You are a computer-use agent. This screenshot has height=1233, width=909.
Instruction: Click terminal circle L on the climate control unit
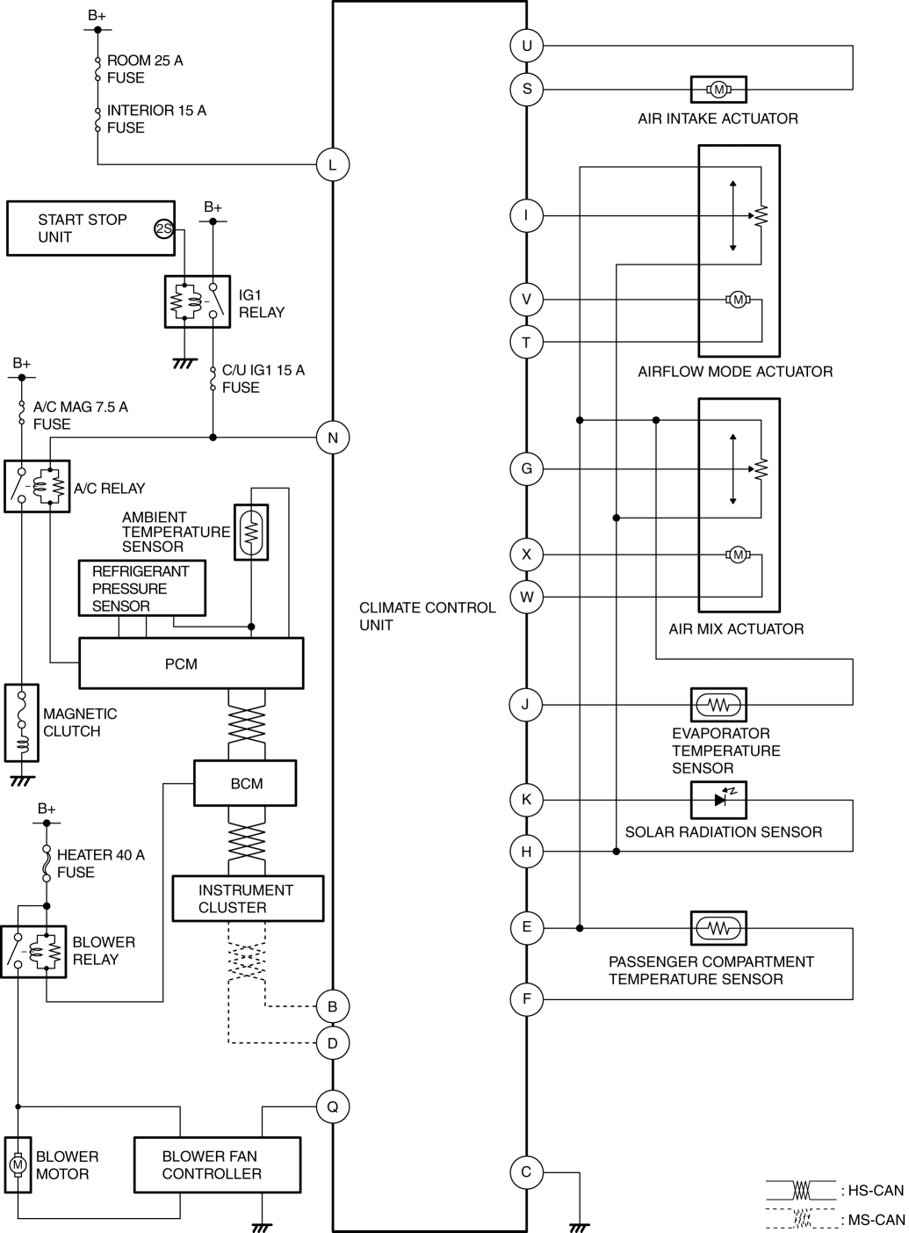coord(332,164)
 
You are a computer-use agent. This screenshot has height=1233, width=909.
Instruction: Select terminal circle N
coord(332,438)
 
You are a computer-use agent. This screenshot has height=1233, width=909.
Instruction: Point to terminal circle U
coord(527,46)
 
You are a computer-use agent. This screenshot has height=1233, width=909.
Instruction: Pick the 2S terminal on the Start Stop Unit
coord(163,228)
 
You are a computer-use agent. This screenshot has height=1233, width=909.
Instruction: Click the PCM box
coord(191,664)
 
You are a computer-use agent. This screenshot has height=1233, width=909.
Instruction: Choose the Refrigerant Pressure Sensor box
coord(142,588)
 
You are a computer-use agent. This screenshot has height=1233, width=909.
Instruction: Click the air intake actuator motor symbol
coord(718,89)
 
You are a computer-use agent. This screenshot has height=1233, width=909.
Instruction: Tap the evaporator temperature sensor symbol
coord(718,705)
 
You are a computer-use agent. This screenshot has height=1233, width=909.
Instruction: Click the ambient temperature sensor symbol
coord(251,533)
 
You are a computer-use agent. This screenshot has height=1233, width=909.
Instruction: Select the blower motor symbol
coord(18,1164)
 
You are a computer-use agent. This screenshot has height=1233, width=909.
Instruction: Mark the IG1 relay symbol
coord(198,301)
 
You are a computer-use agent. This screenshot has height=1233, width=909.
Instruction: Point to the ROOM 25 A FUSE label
coord(145,69)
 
